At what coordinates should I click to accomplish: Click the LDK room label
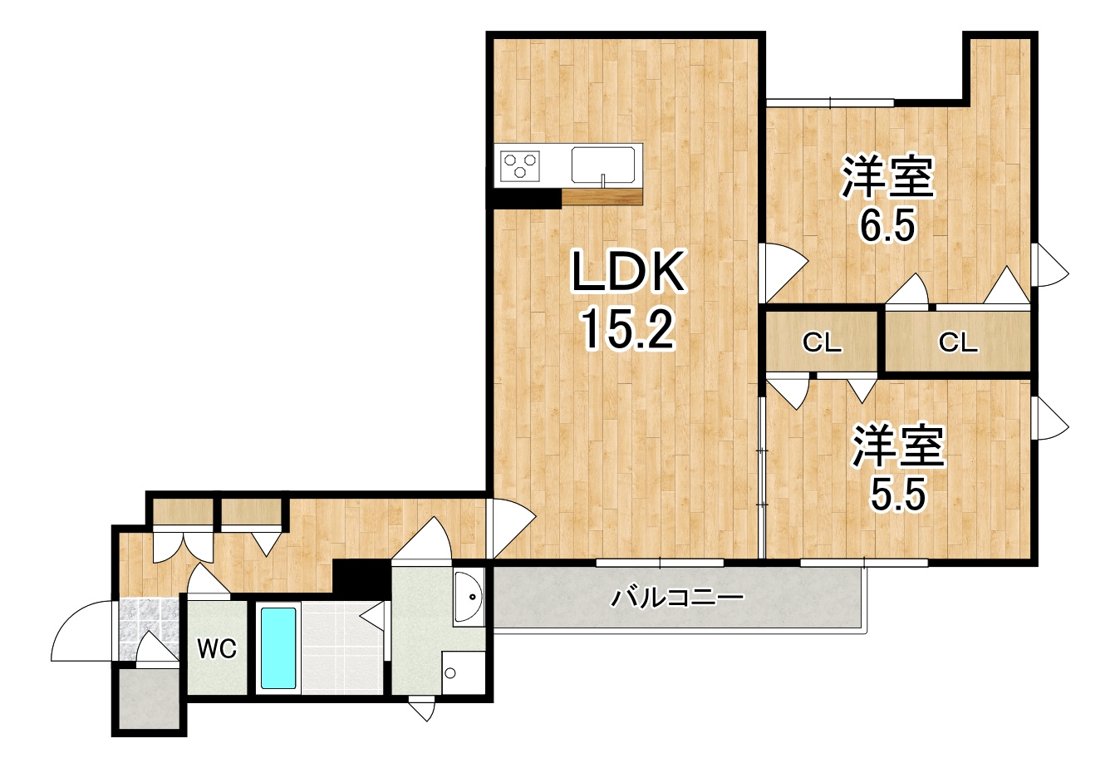click(629, 271)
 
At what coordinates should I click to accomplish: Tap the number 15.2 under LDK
click(629, 327)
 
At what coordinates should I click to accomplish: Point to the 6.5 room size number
click(887, 224)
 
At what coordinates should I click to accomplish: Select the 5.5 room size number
click(898, 494)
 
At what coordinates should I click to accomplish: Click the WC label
click(217, 649)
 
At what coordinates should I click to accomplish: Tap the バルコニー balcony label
click(678, 598)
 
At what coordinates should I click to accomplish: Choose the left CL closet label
click(823, 343)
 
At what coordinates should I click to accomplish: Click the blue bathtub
click(278, 648)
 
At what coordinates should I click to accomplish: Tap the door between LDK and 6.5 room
click(783, 273)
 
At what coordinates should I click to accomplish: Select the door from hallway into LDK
click(510, 529)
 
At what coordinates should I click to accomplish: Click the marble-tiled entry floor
click(149, 628)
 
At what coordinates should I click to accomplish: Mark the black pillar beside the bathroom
click(361, 578)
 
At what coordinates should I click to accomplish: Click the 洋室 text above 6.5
click(887, 179)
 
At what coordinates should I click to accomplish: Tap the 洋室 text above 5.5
click(898, 446)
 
